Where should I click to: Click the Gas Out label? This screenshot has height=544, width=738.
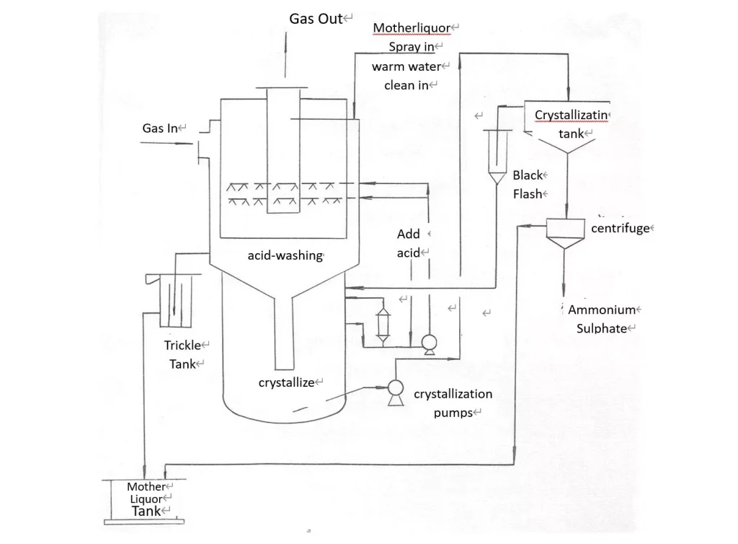pyautogui.click(x=316, y=19)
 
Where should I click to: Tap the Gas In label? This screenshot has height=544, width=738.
pyautogui.click(x=160, y=128)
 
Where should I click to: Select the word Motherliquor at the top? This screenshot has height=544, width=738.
pyautogui.click(x=412, y=29)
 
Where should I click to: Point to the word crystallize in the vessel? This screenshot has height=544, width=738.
pyautogui.click(x=286, y=382)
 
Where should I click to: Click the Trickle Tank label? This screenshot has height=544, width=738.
pyautogui.click(x=182, y=354)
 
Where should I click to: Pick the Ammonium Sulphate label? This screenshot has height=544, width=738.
pyautogui.click(x=602, y=319)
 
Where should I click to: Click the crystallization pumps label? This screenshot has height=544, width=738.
pyautogui.click(x=453, y=403)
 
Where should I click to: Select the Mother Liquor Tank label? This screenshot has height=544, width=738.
pyautogui.click(x=146, y=499)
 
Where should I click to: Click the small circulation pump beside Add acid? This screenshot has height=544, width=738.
pyautogui.click(x=429, y=343)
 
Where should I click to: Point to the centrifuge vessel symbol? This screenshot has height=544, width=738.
pyautogui.click(x=564, y=233)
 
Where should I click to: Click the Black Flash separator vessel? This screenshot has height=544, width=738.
pyautogui.click(x=496, y=155)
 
